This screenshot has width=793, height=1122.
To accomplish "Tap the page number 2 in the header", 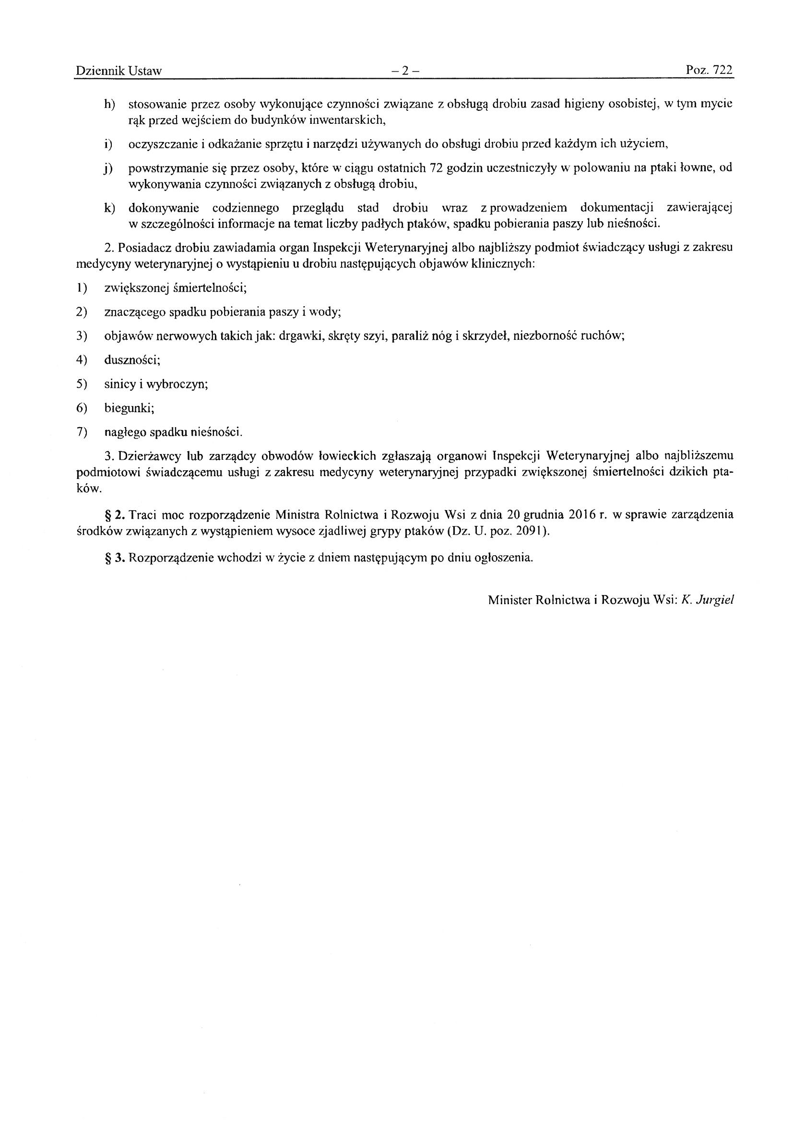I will point(405,72).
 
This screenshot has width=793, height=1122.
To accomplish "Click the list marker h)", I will point(108,105).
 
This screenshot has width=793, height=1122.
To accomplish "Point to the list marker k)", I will point(108,209).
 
